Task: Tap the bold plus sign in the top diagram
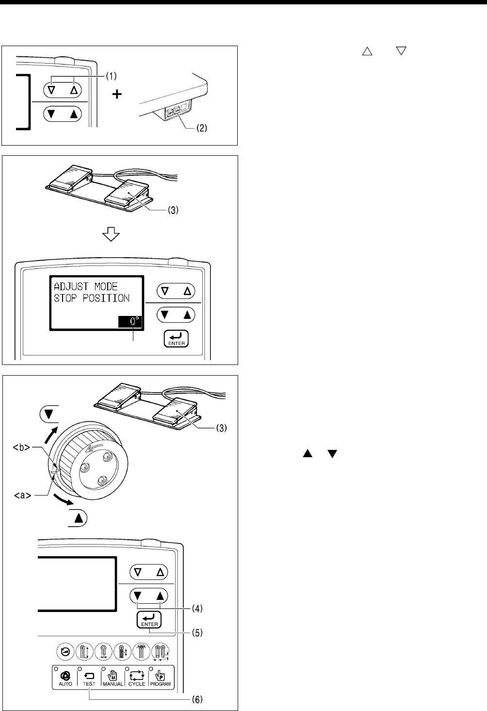[x=117, y=95]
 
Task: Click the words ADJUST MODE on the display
[x=86, y=286]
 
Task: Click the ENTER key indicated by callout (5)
[x=149, y=620]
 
